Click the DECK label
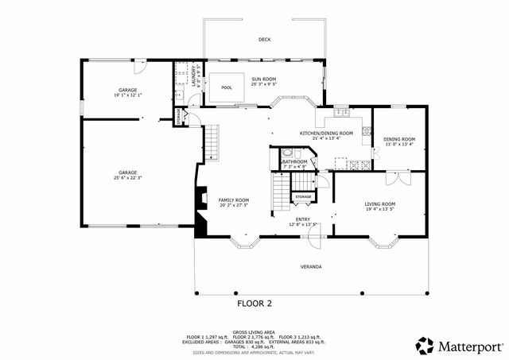point(264,39)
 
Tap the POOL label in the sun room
point(227,87)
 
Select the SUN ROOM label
point(264,79)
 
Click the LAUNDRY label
point(195,75)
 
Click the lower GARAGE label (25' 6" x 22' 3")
point(128,172)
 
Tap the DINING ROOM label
point(399,139)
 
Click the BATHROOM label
point(294,161)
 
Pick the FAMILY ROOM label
point(235,199)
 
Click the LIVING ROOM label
point(380,204)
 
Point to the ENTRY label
point(303,219)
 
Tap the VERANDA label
point(311,265)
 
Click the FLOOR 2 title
point(254,303)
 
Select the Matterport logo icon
point(425,345)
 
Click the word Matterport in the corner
point(469,346)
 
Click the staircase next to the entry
point(280,193)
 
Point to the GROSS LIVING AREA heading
point(254,332)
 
